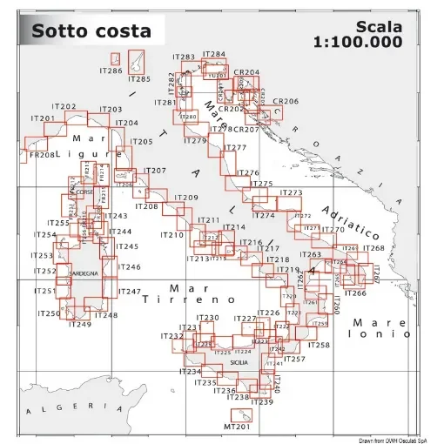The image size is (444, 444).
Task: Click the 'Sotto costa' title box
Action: click(x=91, y=31)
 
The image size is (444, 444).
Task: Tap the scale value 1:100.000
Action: click(x=358, y=41)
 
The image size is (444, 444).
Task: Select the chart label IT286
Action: click(x=111, y=71)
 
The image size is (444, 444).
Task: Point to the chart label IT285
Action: click(x=138, y=79)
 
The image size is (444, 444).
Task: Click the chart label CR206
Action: click(x=286, y=102)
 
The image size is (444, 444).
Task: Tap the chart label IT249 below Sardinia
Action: click(x=78, y=325)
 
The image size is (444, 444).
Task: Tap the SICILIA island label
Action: click(x=239, y=361)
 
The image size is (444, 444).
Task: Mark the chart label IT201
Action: click(x=43, y=118)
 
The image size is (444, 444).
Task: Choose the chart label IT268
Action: click(x=373, y=248)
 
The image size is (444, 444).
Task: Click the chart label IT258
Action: click(x=320, y=346)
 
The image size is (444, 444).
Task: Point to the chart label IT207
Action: click(x=154, y=171)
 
